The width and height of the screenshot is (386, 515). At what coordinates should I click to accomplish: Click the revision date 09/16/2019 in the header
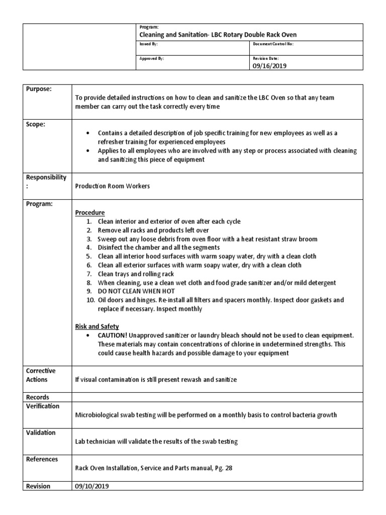coord(270,66)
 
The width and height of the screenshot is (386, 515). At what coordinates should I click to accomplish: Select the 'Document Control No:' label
coord(274,44)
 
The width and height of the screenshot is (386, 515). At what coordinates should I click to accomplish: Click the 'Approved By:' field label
coord(151,58)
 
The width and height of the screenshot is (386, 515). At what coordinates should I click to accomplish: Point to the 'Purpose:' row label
coord(39,89)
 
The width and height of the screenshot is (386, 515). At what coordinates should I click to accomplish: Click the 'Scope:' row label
coord(35,125)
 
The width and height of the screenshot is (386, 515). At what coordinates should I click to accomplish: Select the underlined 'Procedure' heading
coord(90,213)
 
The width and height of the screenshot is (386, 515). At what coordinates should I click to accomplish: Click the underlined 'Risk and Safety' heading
coord(97,326)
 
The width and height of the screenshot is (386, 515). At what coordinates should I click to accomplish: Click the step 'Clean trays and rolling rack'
coord(136,274)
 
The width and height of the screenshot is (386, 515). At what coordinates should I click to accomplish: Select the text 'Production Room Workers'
coord(113,186)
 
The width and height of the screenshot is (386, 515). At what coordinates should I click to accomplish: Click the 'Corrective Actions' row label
coord(41,375)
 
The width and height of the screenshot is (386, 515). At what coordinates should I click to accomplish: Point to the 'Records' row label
coord(38,397)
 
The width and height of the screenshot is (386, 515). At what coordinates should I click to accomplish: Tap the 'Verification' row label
coord(43,406)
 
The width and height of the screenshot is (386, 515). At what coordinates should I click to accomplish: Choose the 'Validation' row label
coord(41,433)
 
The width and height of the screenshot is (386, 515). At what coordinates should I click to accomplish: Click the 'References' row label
coord(42,459)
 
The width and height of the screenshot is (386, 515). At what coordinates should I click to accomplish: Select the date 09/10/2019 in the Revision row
coord(92,486)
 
